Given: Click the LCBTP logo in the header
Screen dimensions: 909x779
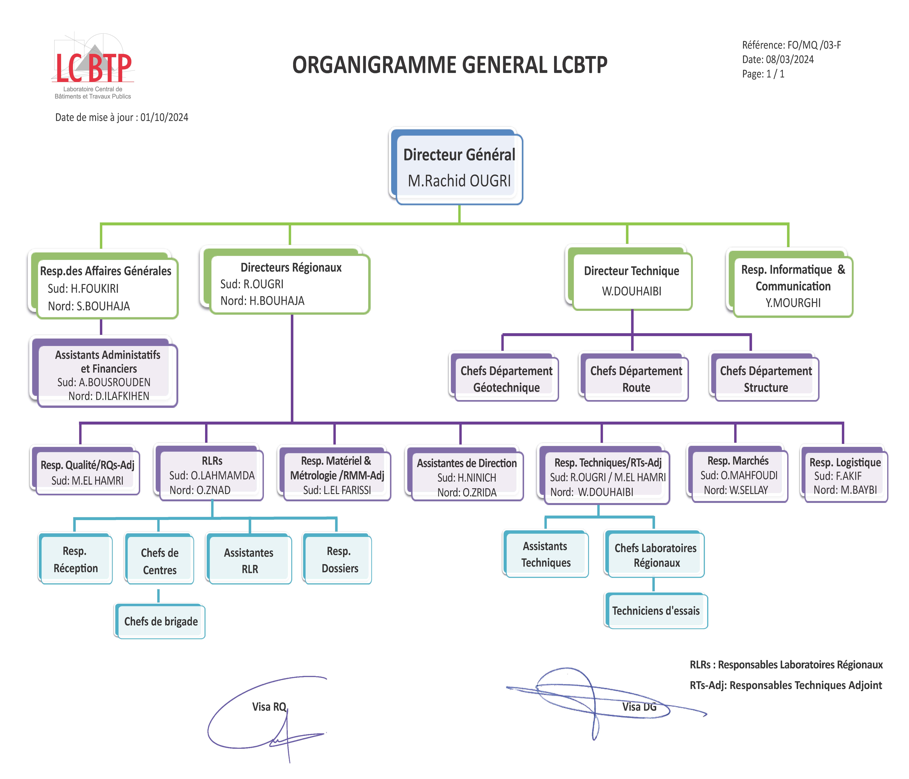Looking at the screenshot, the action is [x=93, y=66].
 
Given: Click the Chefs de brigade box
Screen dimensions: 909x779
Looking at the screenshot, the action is [x=160, y=621].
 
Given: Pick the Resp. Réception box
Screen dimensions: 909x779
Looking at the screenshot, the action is [x=75, y=559].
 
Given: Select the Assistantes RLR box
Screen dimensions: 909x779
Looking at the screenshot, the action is [x=249, y=559].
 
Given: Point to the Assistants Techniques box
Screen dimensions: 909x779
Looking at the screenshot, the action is [x=545, y=554].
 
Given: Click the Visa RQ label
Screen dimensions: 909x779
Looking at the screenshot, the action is [x=269, y=707].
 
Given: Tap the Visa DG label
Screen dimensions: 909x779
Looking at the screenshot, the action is [x=639, y=707].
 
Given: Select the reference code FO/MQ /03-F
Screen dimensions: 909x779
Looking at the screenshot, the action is [x=814, y=45].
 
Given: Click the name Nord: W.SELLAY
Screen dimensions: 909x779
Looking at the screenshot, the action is [x=736, y=490].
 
